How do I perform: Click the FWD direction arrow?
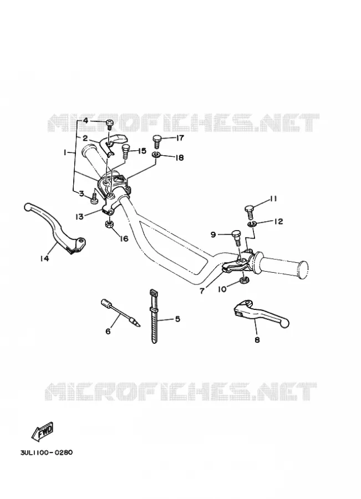pos(43,431)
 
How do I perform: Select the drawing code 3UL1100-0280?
pos(46,452)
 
